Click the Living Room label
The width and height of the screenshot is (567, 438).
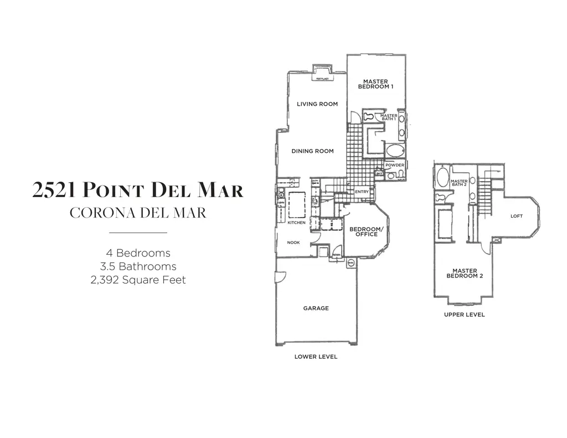317,104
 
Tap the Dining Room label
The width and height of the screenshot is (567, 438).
313,151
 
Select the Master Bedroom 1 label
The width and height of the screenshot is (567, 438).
375,84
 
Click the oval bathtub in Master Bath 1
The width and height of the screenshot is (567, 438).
395,150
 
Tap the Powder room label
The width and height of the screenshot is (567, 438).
395,166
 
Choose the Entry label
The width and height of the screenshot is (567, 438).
362,192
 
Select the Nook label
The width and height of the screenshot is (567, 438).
293,243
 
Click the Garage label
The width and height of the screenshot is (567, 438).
316,308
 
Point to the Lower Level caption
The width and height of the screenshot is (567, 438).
316,357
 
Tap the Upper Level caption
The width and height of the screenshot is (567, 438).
464,315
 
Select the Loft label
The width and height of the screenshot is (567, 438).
516,217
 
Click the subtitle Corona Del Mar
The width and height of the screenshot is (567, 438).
138,213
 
